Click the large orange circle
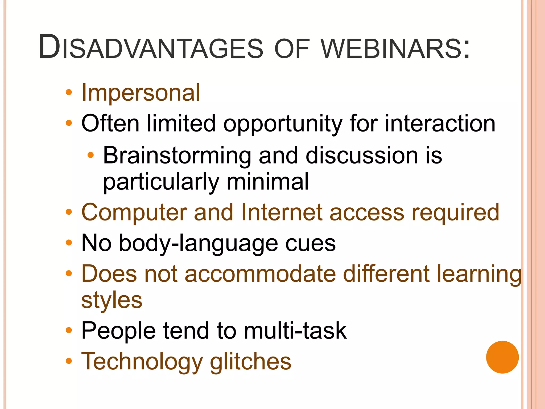tap(502, 357)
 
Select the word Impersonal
tap(141, 93)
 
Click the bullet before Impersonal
tap(69, 92)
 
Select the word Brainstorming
tap(177, 156)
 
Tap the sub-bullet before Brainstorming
tap(90, 155)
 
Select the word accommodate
tap(260, 274)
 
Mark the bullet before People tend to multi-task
tap(69, 330)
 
